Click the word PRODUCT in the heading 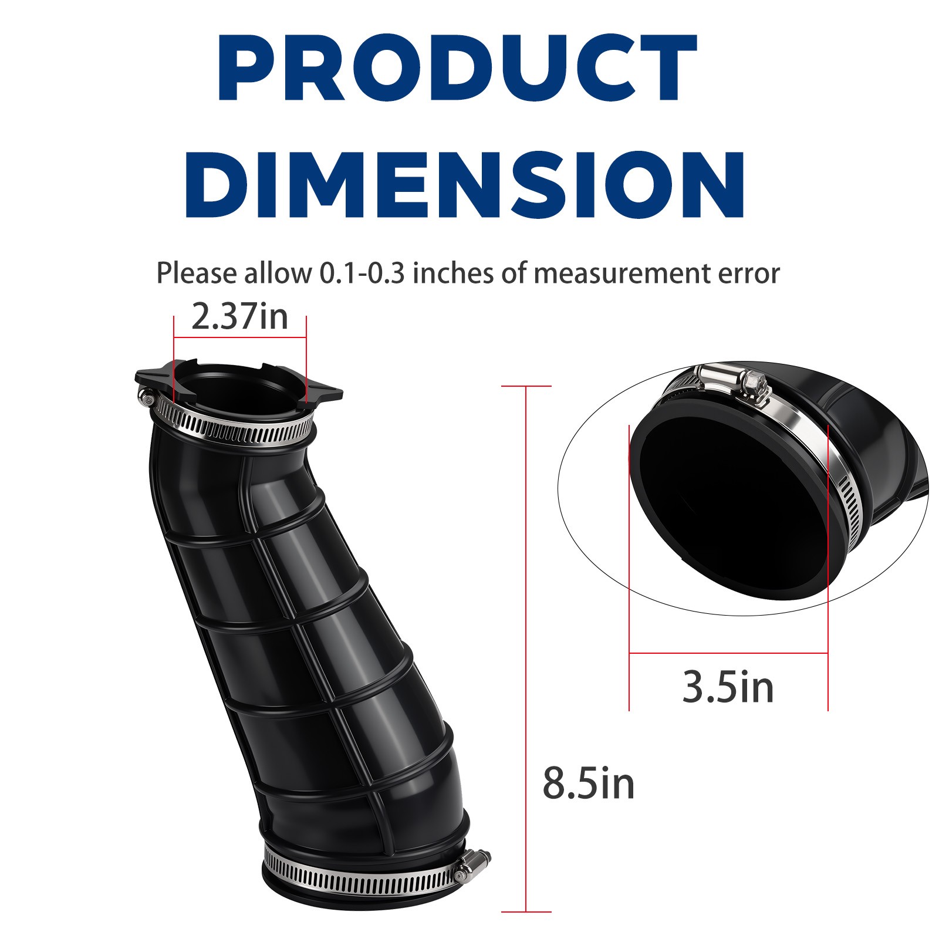[457, 69]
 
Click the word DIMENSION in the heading [465, 185]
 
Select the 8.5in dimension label [588, 783]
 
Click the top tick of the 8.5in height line [526, 386]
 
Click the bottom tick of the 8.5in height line [526, 912]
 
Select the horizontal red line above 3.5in [728, 653]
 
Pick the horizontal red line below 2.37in [239, 337]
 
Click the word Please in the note [197, 273]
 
